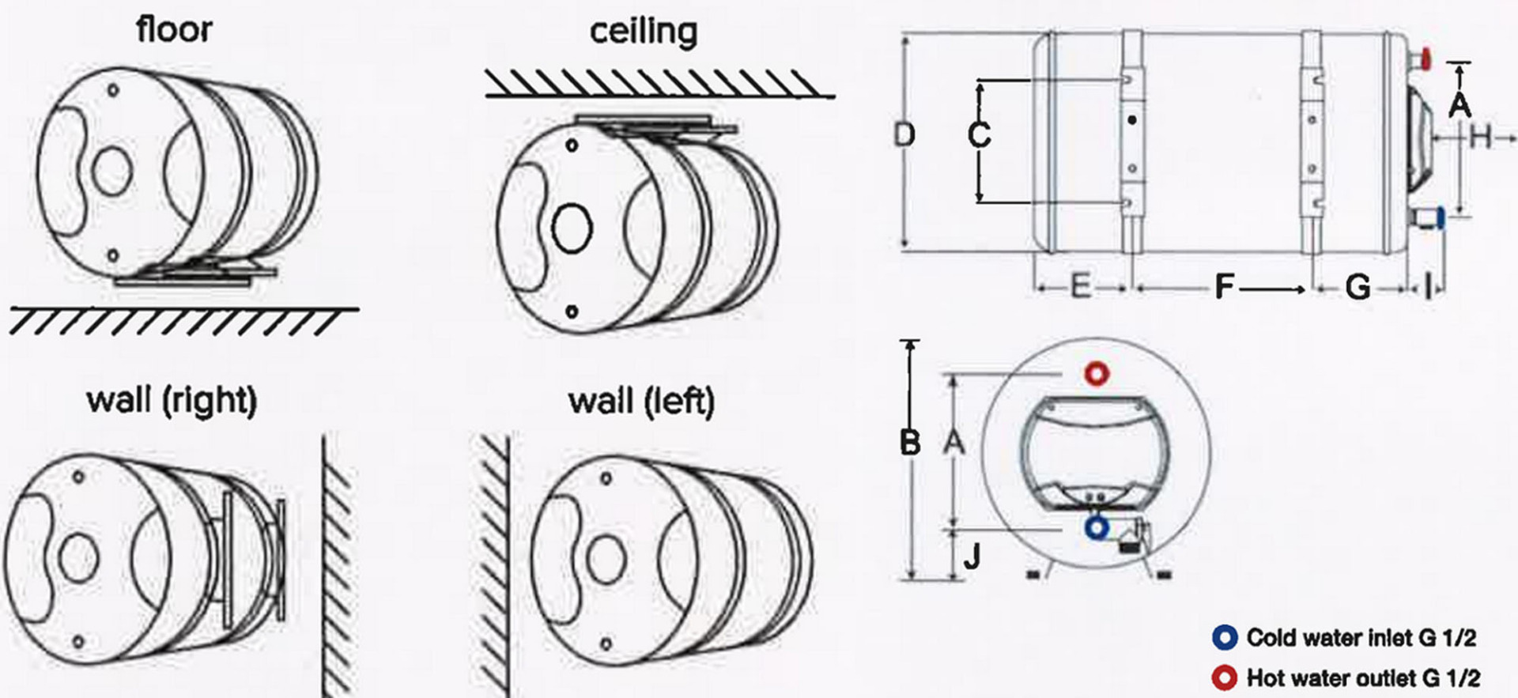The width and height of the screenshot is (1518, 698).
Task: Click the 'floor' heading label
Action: click(x=174, y=30)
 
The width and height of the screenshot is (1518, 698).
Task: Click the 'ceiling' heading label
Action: click(x=644, y=32)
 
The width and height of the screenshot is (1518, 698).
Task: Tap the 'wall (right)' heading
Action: click(x=172, y=400)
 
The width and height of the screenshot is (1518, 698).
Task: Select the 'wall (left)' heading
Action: click(x=641, y=401)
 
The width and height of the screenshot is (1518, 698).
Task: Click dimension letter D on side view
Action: click(x=904, y=134)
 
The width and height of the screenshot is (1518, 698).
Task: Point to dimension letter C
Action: click(x=979, y=134)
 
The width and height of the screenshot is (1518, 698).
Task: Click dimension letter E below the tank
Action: click(x=1080, y=286)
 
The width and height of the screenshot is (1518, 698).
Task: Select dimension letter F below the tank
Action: click(x=1224, y=287)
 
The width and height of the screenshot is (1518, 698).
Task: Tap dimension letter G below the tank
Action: click(x=1358, y=287)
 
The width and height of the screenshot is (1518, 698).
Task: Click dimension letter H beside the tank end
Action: click(x=1480, y=138)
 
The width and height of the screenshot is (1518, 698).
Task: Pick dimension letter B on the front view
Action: click(x=910, y=443)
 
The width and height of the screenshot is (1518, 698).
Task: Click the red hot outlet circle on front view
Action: click(x=1097, y=373)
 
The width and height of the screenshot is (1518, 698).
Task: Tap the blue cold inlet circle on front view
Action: click(x=1097, y=527)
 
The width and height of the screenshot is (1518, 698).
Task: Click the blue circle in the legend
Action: click(x=1225, y=637)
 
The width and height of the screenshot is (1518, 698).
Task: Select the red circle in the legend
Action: click(x=1225, y=677)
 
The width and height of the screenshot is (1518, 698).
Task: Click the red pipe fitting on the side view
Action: click(x=1425, y=58)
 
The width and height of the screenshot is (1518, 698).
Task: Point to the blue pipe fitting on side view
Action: click(x=1441, y=217)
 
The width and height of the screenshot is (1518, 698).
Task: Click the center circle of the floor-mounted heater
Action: click(x=111, y=171)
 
